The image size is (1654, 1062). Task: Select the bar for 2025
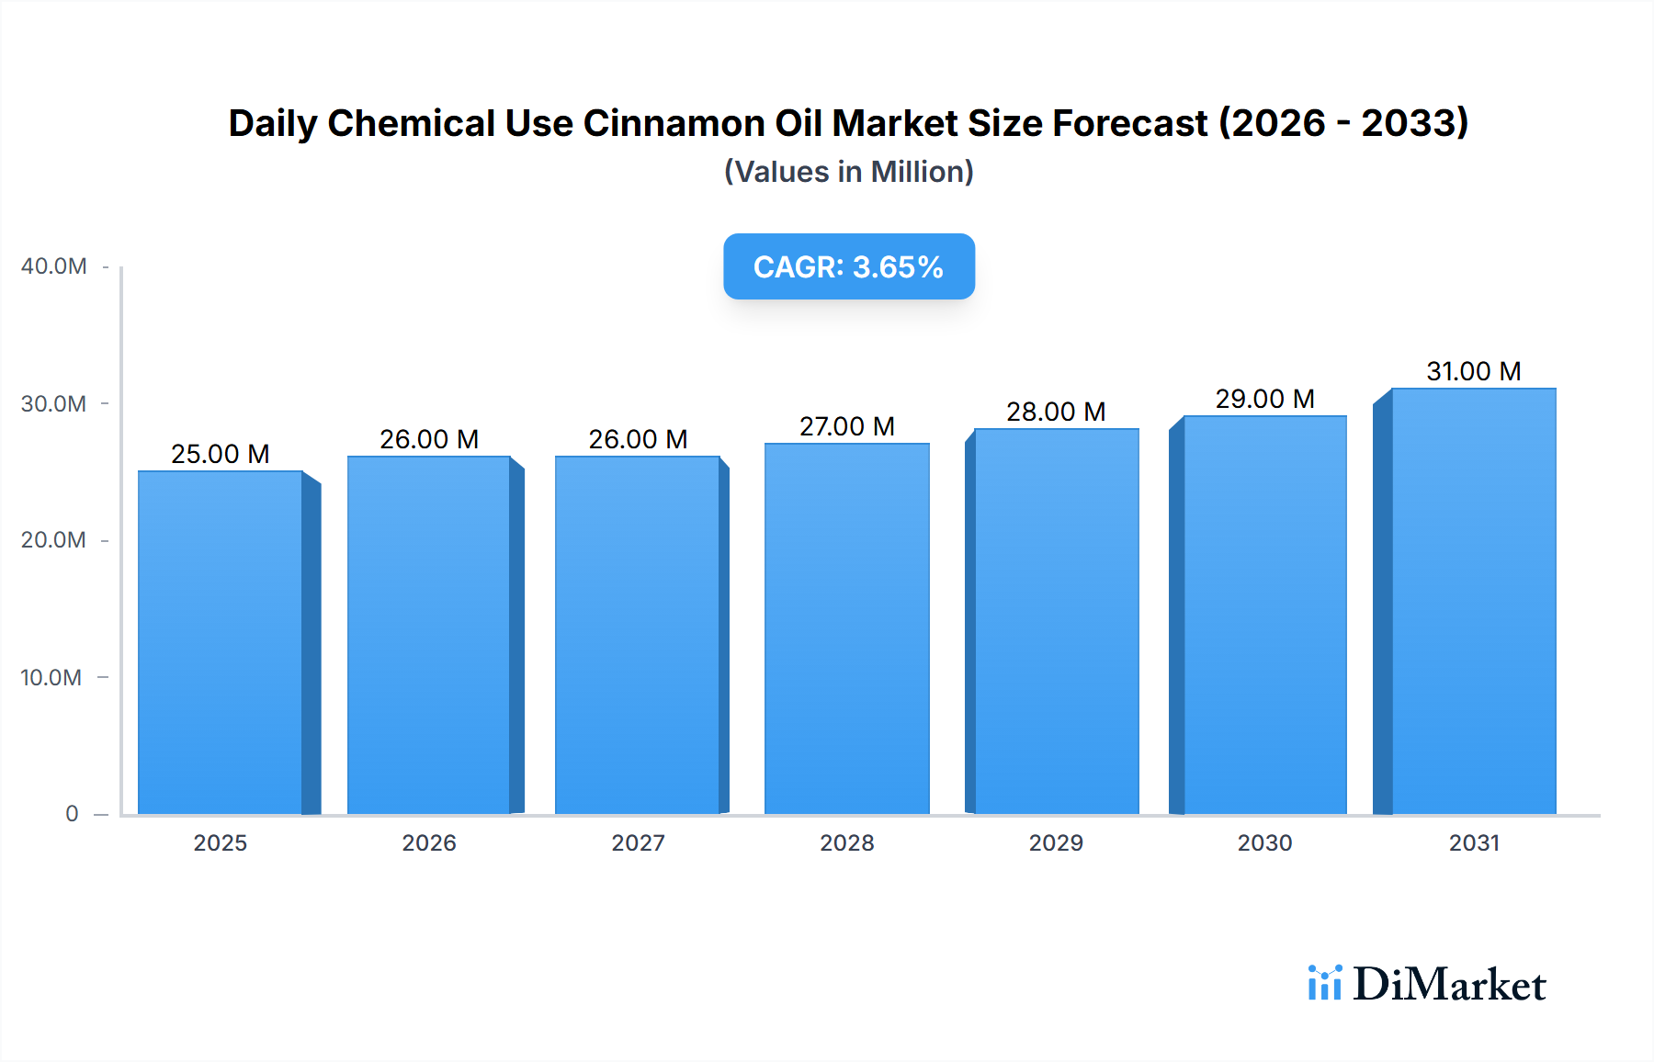pyautogui.click(x=221, y=643)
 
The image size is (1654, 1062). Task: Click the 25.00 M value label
pyautogui.click(x=221, y=454)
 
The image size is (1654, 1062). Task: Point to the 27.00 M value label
pyautogui.click(x=846, y=426)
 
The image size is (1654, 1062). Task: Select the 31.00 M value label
pyautogui.click(x=1473, y=371)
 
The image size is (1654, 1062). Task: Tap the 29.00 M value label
pyautogui.click(x=1264, y=399)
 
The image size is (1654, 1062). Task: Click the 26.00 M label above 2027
pyautogui.click(x=638, y=439)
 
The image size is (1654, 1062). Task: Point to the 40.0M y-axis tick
pyautogui.click(x=54, y=266)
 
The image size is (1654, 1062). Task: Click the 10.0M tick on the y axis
pyautogui.click(x=51, y=677)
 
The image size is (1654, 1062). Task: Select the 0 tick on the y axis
pyautogui.click(x=72, y=814)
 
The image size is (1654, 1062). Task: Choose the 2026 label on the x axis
pyautogui.click(x=429, y=842)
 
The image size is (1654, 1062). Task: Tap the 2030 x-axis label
pyautogui.click(x=1264, y=842)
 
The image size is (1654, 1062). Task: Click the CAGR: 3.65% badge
pyautogui.click(x=848, y=266)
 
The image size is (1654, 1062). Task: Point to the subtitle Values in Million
pyautogui.click(x=848, y=172)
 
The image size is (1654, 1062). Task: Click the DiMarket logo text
pyautogui.click(x=1449, y=985)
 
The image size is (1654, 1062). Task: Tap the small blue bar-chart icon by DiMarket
pyautogui.click(x=1324, y=983)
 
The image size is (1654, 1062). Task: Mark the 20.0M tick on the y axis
pyautogui.click(x=54, y=540)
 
